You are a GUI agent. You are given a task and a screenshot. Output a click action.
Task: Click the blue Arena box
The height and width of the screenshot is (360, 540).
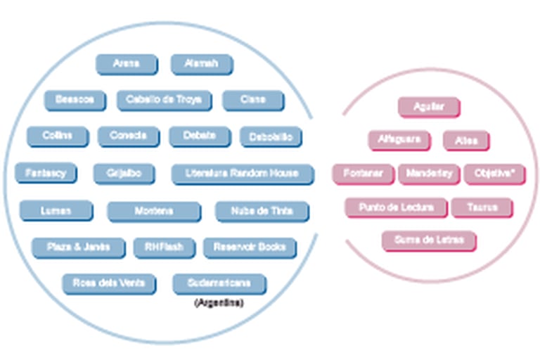click(126, 64)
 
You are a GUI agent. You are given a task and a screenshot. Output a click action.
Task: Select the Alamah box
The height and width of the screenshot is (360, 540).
click(201, 64)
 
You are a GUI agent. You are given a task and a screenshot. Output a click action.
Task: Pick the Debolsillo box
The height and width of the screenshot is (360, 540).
click(271, 136)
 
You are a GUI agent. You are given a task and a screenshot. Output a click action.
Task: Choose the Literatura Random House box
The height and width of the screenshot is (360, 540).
click(242, 173)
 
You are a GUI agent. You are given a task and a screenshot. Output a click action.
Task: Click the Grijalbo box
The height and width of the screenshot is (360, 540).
click(123, 173)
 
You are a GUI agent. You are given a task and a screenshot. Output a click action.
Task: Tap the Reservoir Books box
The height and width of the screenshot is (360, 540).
click(249, 247)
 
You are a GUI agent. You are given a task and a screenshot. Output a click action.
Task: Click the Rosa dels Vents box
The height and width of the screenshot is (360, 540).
click(108, 283)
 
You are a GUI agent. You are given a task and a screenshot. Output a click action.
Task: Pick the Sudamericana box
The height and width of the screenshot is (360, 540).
click(219, 283)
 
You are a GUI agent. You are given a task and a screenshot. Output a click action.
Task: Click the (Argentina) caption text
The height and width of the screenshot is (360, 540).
click(218, 303)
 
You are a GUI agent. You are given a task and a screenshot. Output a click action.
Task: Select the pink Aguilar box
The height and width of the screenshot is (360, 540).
click(428, 107)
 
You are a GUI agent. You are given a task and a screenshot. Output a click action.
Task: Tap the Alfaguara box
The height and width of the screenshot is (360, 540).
click(399, 139)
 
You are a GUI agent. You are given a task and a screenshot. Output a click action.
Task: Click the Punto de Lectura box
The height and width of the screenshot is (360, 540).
click(395, 207)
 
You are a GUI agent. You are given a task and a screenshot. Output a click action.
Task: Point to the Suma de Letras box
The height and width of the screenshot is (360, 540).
click(428, 240)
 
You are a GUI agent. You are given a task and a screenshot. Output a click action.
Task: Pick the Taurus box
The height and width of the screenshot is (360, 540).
click(481, 207)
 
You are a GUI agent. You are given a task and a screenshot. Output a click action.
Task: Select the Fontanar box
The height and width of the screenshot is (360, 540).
click(363, 173)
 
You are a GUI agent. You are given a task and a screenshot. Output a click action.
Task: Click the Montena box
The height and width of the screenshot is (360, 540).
click(153, 210)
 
